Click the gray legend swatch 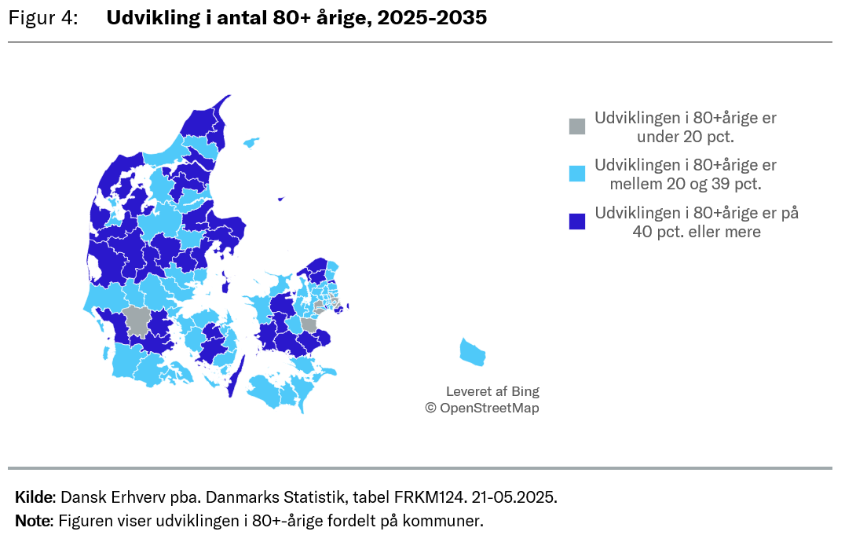[577, 126]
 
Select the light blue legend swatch [577, 174]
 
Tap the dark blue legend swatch [577, 222]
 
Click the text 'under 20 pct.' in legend [686, 137]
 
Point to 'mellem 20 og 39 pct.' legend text [686, 185]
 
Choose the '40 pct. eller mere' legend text [697, 232]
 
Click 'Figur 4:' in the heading [42, 18]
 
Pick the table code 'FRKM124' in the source [423, 497]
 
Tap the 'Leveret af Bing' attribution [492, 391]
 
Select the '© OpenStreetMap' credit [482, 408]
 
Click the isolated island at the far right [473, 352]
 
